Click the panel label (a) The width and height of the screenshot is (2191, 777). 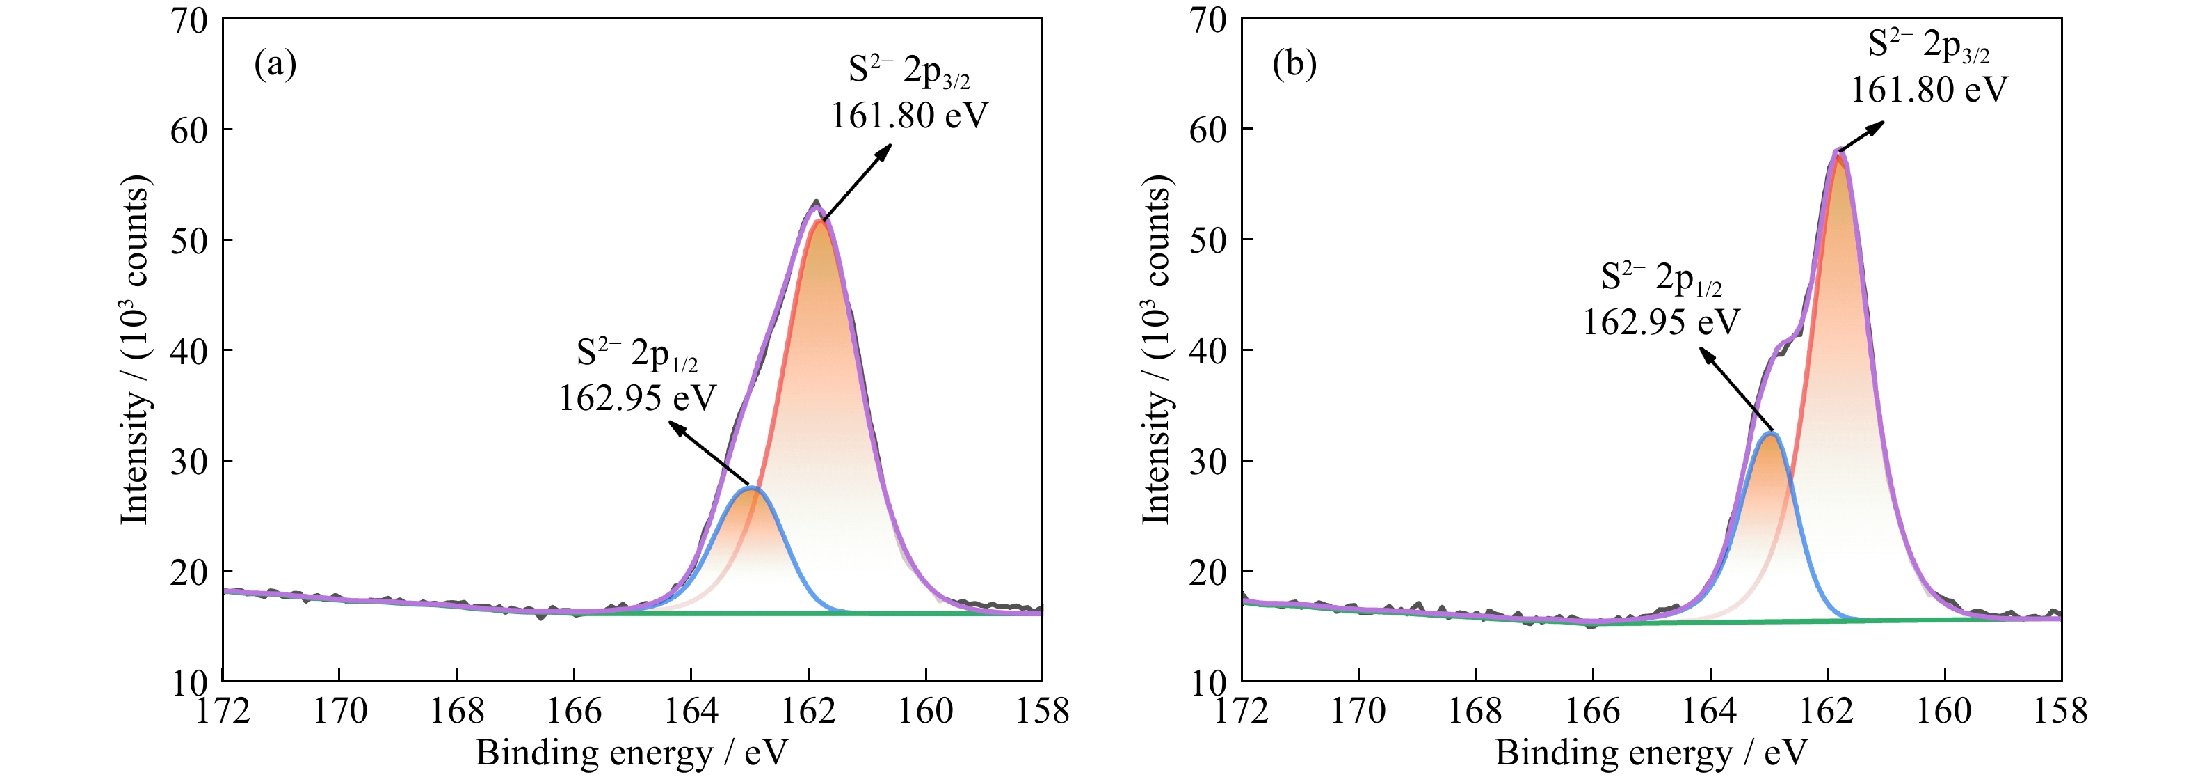click(x=275, y=65)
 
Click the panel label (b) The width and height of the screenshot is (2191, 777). click(x=1294, y=65)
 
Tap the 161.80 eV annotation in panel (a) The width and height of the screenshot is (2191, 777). click(x=909, y=116)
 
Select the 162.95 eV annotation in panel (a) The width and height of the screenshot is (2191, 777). click(x=637, y=398)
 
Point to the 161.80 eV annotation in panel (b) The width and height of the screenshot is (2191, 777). click(x=1929, y=89)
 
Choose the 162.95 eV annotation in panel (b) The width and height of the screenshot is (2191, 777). click(x=1660, y=322)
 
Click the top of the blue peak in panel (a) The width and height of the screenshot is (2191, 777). click(x=752, y=487)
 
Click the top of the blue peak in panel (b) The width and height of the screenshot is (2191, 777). click(x=1771, y=433)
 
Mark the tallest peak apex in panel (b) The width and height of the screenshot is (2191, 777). click(x=1839, y=152)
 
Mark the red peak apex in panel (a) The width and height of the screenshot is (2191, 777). click(x=820, y=221)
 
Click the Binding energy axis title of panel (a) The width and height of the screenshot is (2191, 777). click(x=631, y=753)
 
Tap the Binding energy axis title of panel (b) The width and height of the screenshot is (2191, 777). click(x=1650, y=753)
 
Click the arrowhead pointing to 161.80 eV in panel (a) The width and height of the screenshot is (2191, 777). click(x=887, y=148)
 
